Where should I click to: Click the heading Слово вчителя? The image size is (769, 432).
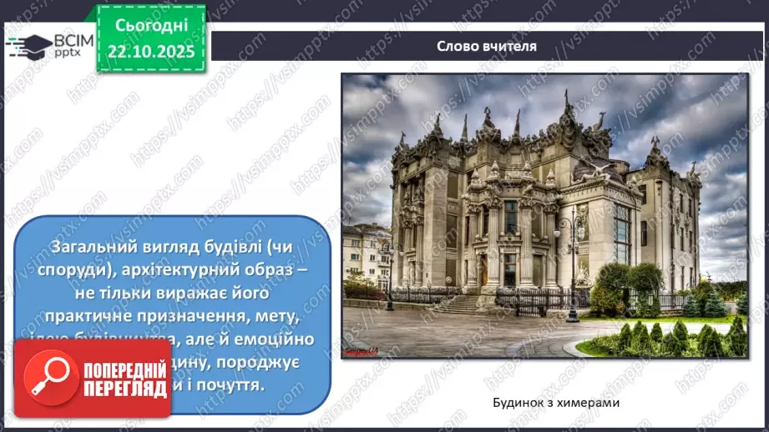click(487, 46)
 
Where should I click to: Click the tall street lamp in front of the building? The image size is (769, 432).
click(573, 267)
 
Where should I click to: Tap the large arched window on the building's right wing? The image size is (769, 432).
click(623, 234)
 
